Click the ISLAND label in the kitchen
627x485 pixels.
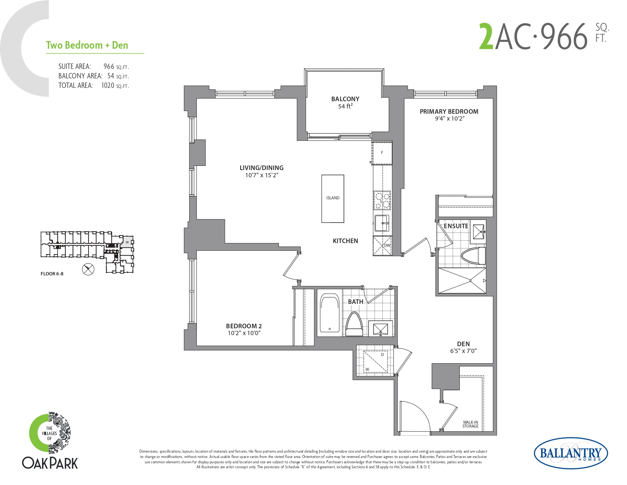coord(332,198)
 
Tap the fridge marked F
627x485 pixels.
coord(382,153)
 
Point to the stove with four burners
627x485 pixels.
coord(382,200)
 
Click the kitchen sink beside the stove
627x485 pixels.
coord(382,223)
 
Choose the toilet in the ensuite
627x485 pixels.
coord(473,256)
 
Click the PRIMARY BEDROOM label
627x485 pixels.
coord(449,111)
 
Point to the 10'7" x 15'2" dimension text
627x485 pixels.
coord(262,175)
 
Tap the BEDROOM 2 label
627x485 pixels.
coord(244,326)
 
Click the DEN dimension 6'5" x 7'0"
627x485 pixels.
coord(463,351)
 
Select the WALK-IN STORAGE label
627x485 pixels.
coord(470,424)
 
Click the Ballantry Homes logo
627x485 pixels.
coord(571,453)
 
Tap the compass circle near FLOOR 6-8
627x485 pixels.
coord(88,270)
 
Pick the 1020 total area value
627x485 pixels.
coord(108,86)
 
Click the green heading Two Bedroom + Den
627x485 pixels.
coord(87,45)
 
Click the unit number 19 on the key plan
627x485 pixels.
coord(127,242)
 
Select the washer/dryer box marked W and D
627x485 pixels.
coord(375,362)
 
